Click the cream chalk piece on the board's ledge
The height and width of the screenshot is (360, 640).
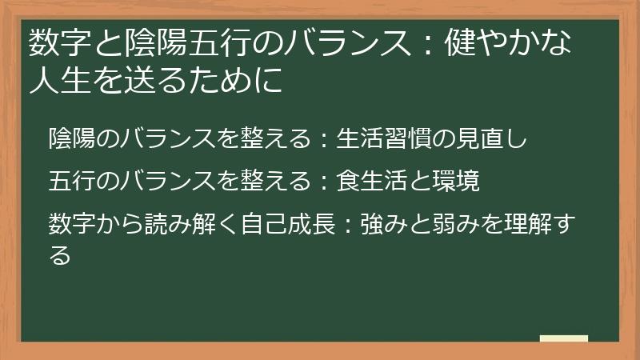tap(563, 338)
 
